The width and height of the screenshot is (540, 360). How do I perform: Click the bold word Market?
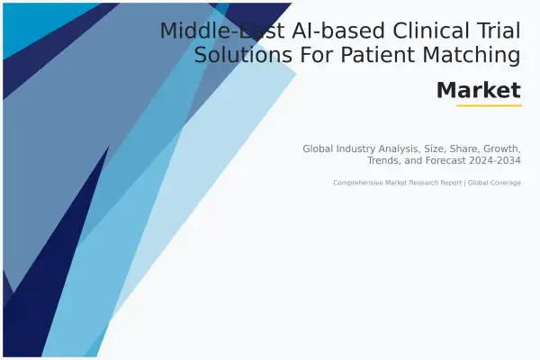478,91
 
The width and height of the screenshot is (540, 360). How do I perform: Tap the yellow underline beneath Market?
489,106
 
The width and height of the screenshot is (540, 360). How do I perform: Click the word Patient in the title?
378,56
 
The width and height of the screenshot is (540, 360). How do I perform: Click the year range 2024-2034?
491,160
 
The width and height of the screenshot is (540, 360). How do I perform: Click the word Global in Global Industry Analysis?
319,148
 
